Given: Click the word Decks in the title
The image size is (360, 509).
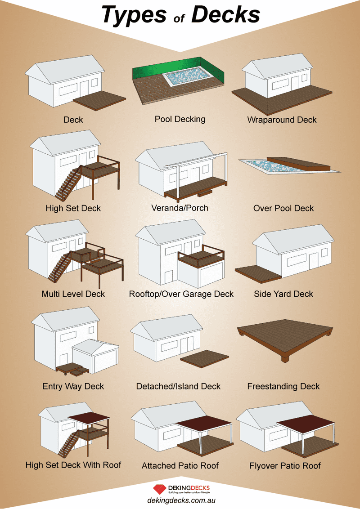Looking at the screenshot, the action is click(x=226, y=14).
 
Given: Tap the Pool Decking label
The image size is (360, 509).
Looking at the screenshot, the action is click(x=180, y=119).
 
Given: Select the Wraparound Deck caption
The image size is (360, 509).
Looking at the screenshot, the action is click(x=282, y=120).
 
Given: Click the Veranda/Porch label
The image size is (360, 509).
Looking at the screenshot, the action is click(x=180, y=208).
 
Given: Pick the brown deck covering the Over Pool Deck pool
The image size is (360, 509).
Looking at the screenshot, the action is click(x=298, y=164).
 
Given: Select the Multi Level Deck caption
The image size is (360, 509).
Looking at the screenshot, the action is click(x=73, y=294).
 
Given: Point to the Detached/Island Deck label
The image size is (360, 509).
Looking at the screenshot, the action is click(x=178, y=386).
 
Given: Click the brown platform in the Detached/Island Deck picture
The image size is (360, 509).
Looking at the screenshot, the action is click(x=205, y=361).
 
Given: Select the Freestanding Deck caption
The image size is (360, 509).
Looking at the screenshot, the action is click(x=283, y=386).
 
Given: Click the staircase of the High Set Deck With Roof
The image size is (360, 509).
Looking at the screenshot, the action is click(x=68, y=442).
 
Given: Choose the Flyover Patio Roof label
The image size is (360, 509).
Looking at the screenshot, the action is click(x=285, y=466).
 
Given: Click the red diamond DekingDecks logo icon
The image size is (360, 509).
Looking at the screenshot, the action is click(x=160, y=489).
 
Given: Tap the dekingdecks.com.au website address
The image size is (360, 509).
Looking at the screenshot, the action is click(x=181, y=500).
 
